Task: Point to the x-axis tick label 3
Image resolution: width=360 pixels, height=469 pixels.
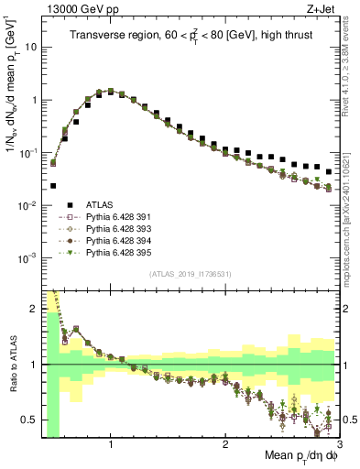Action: [339, 445]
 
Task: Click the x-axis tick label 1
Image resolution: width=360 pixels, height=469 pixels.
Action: [111, 445]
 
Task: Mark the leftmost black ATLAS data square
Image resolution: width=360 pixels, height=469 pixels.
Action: [53, 186]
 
